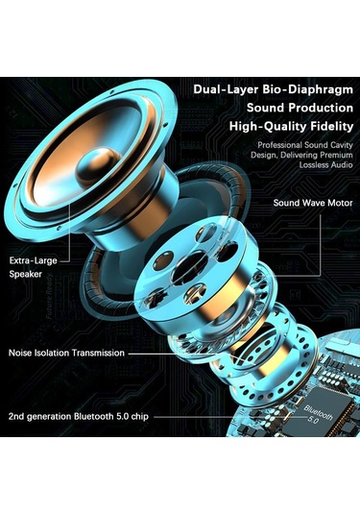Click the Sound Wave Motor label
coord(311,204)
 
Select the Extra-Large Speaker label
coord(35,267)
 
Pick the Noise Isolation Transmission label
coord(66,353)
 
